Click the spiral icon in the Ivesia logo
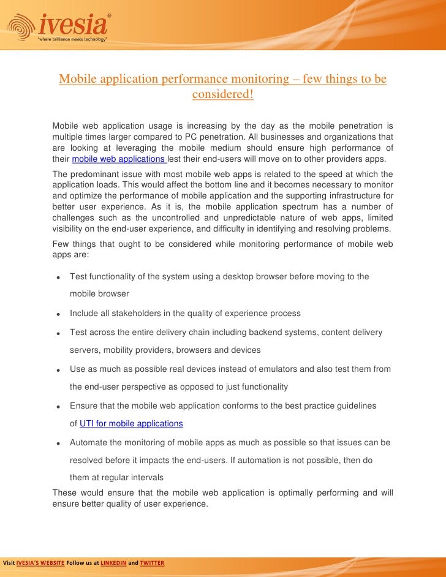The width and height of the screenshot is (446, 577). pos(20,26)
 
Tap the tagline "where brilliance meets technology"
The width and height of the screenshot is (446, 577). pos(73,39)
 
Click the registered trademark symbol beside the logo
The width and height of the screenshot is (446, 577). pos(109,14)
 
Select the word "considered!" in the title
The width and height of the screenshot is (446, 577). pos(222,96)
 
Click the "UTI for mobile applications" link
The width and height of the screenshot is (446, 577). pos(131,423)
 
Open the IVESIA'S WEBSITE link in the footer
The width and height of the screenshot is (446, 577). pos(40,562)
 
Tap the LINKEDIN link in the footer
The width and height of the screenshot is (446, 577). pos(113,562)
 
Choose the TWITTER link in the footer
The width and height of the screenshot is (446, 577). pos(152,562)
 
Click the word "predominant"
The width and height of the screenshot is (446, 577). pos(96,174)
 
